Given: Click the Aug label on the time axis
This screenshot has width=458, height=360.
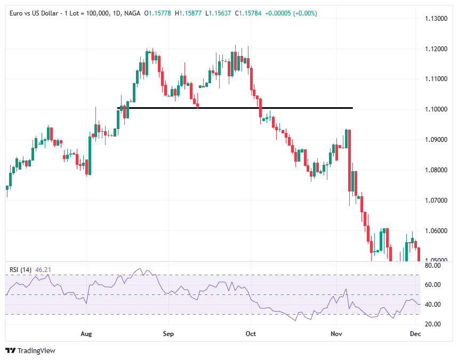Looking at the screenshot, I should tap(86, 334).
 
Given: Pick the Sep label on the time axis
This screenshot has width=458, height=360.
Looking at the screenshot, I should tap(168, 334).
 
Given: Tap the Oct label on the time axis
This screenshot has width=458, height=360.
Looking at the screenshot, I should tap(250, 334).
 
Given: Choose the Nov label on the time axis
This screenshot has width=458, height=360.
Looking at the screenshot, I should tap(336, 334).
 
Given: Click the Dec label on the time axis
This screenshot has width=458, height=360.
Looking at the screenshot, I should tap(415, 334).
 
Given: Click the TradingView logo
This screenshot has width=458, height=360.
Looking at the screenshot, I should tap(31, 350).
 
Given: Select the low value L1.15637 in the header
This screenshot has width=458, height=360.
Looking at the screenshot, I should tap(218, 13).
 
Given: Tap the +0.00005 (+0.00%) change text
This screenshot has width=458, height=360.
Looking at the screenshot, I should tap(292, 13).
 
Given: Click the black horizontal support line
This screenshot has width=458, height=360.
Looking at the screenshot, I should tap(235, 108).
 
